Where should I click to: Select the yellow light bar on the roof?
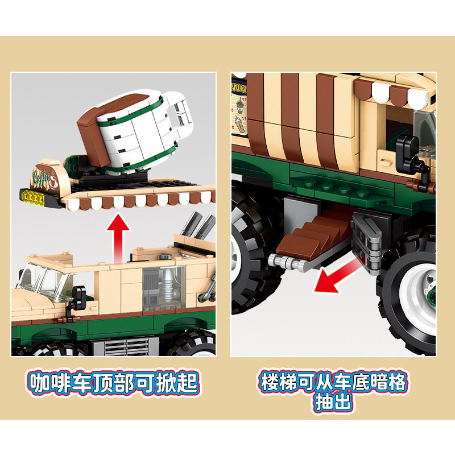coord(32,197)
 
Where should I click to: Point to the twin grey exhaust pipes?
coord(197,225)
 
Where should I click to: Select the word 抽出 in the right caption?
coord(333,402)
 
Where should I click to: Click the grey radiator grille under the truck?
coord(126,347)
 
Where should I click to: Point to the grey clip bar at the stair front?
coord(287,262)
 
